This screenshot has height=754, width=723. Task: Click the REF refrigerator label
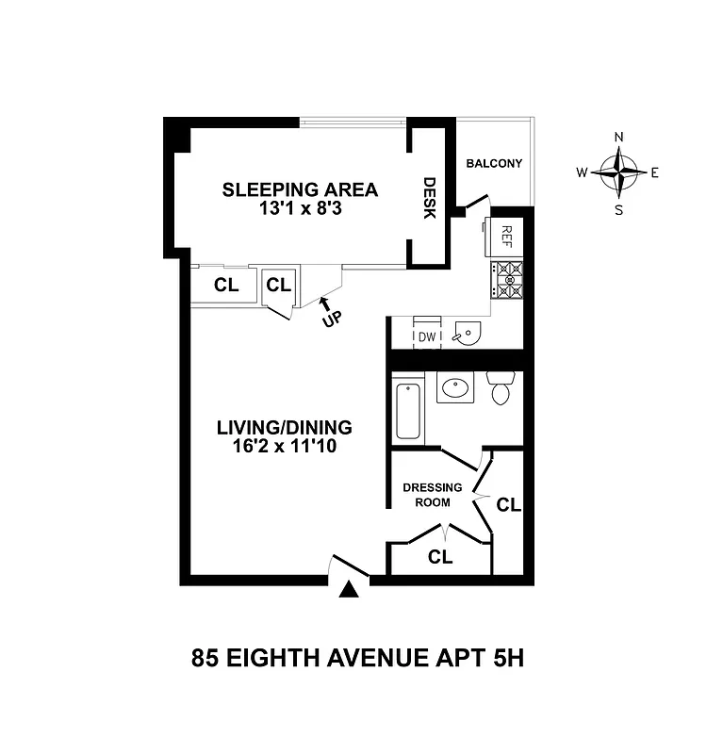pyautogui.click(x=506, y=236)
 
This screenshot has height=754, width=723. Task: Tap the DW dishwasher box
pyautogui.click(x=426, y=336)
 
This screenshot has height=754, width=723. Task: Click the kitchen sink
pyautogui.click(x=467, y=334)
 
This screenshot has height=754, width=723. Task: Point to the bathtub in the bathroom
pyautogui.click(x=407, y=410)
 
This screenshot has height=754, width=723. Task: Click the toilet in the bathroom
pyautogui.click(x=500, y=387)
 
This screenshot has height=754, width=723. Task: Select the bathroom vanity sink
pyautogui.click(x=455, y=388)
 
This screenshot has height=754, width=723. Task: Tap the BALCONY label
pyautogui.click(x=494, y=164)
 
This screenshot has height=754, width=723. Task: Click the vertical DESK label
pyautogui.click(x=430, y=198)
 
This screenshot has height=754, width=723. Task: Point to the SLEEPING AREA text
pyautogui.click(x=300, y=189)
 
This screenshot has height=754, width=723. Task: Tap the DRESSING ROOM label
pyautogui.click(x=433, y=495)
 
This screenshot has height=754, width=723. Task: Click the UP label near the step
pyautogui.click(x=332, y=318)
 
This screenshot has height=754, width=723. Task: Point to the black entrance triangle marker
pyautogui.click(x=350, y=590)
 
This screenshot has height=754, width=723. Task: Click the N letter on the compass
pyautogui.click(x=619, y=137)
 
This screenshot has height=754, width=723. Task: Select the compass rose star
pyautogui.click(x=619, y=172)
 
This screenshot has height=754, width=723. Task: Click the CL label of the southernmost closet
pyautogui.click(x=440, y=557)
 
